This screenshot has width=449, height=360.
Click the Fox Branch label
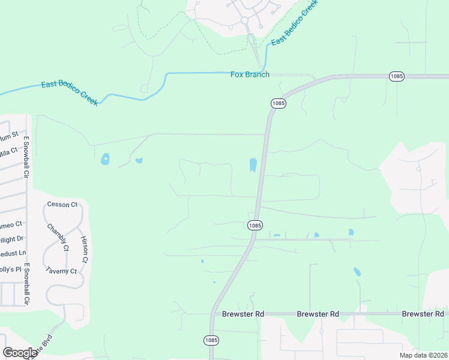click(x=250, y=74)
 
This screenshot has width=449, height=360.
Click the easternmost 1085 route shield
click(x=396, y=76)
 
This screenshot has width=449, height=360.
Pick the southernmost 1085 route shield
click(x=211, y=340)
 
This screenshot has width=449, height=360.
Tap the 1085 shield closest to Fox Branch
click(x=278, y=103)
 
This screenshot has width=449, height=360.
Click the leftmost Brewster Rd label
click(x=243, y=314)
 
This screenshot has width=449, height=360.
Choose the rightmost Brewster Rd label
click(x=423, y=314)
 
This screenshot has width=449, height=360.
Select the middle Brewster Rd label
click(x=318, y=314)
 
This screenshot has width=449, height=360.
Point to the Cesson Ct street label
click(x=62, y=205)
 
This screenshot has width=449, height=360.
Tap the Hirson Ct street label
click(x=85, y=249)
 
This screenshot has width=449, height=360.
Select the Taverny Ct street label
click(x=61, y=271)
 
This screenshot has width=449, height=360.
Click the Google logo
click(x=20, y=353)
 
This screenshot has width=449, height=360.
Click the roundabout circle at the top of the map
click(x=245, y=20)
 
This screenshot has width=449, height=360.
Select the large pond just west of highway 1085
click(x=253, y=164)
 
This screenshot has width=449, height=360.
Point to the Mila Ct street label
click(x=8, y=152)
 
